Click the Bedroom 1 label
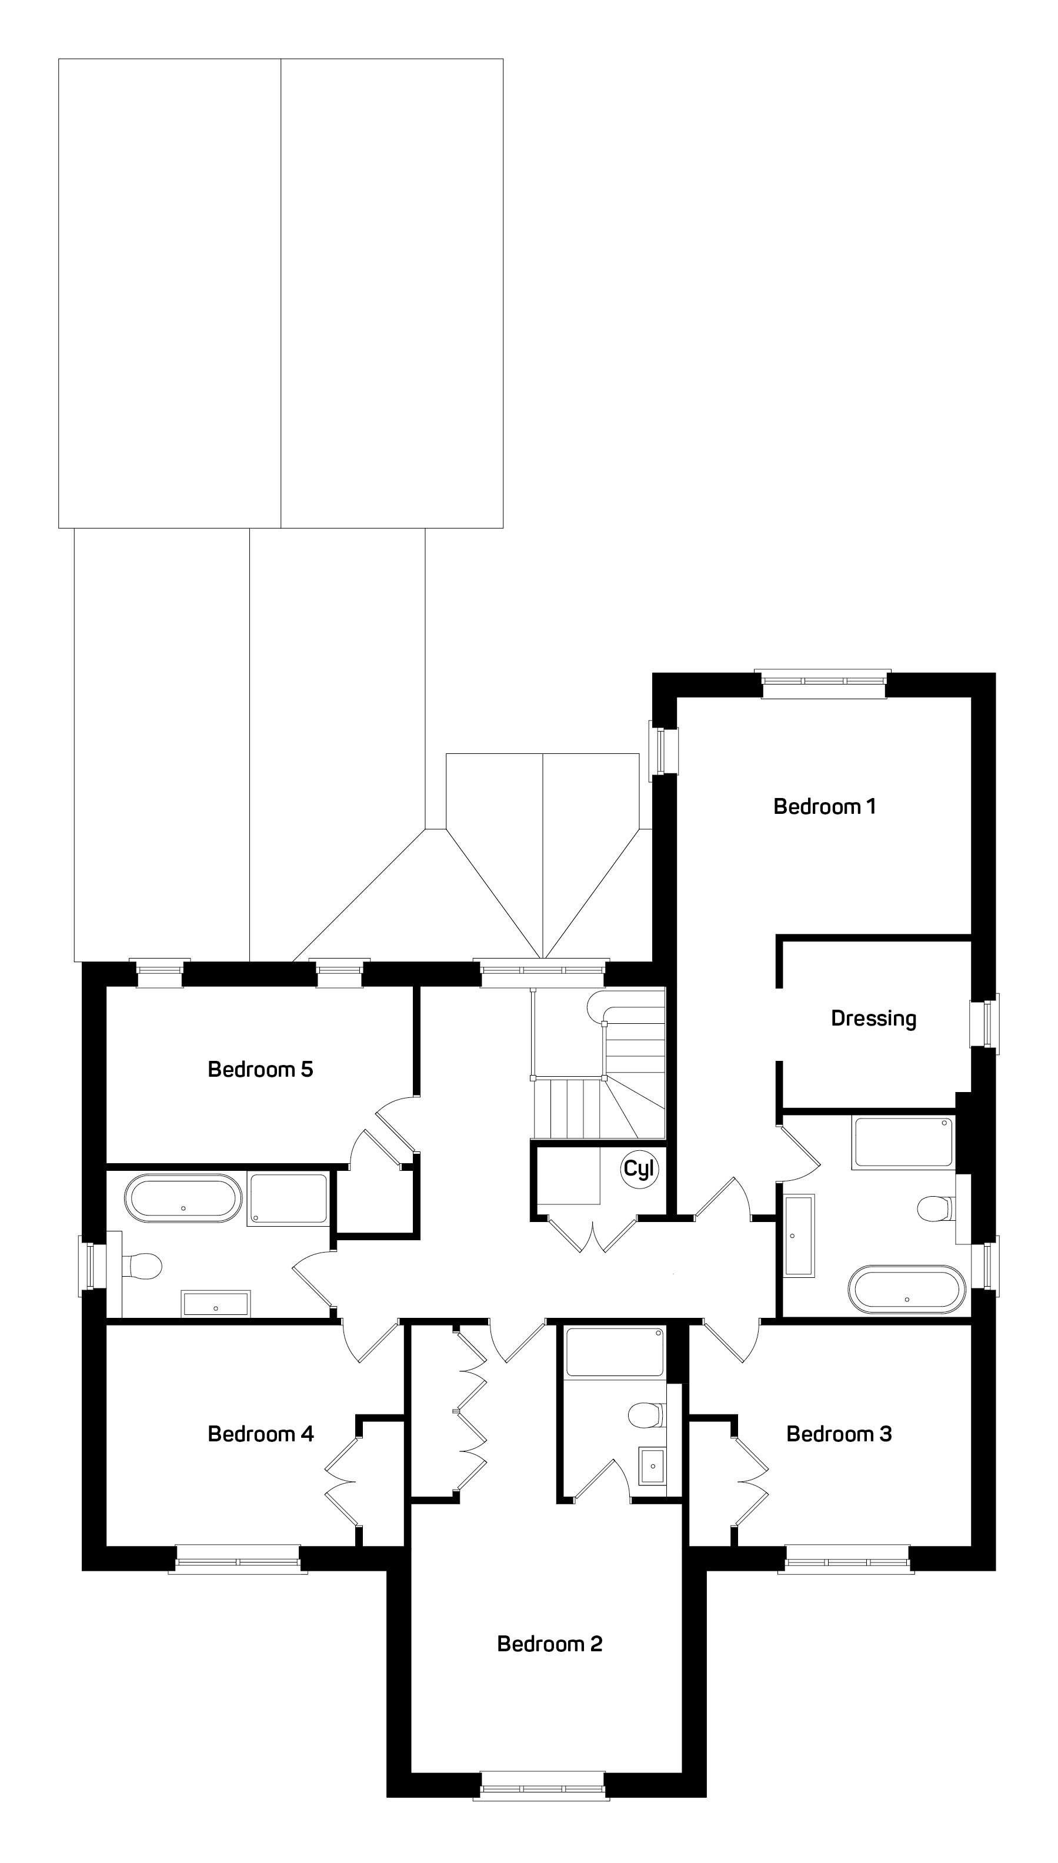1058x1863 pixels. click(x=824, y=806)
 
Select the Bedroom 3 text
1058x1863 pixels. click(x=839, y=1434)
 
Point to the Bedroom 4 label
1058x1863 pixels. click(x=260, y=1434)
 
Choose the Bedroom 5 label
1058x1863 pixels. click(x=260, y=1069)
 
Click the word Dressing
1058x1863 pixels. click(x=873, y=1019)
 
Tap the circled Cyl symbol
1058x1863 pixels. click(x=639, y=1169)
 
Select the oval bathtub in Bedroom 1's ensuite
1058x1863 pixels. click(x=907, y=1290)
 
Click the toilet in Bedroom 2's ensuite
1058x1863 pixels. click(x=645, y=1415)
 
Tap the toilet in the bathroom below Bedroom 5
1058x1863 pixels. click(x=142, y=1266)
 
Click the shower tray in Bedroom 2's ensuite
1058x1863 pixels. click(x=615, y=1352)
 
